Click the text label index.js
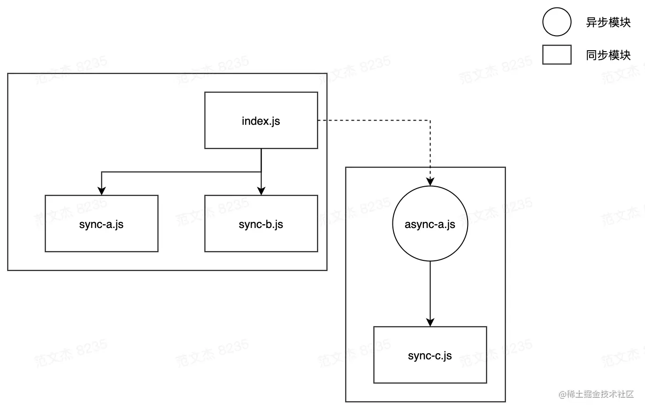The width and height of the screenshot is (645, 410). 261,121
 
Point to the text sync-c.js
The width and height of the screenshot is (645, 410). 430,356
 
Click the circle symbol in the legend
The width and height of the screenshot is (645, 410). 557,22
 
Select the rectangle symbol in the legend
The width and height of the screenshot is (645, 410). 557,54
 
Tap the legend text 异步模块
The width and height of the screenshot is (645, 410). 608,22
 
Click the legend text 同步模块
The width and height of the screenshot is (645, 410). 608,55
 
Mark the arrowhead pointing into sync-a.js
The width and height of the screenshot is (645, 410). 101,191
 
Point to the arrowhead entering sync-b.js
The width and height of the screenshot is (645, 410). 261,191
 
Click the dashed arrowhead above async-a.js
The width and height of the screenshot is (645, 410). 430,182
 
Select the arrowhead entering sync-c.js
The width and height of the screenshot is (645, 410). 430,322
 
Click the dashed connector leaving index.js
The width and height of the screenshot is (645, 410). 376,121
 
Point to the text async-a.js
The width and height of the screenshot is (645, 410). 430,224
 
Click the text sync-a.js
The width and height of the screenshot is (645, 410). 101,224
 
